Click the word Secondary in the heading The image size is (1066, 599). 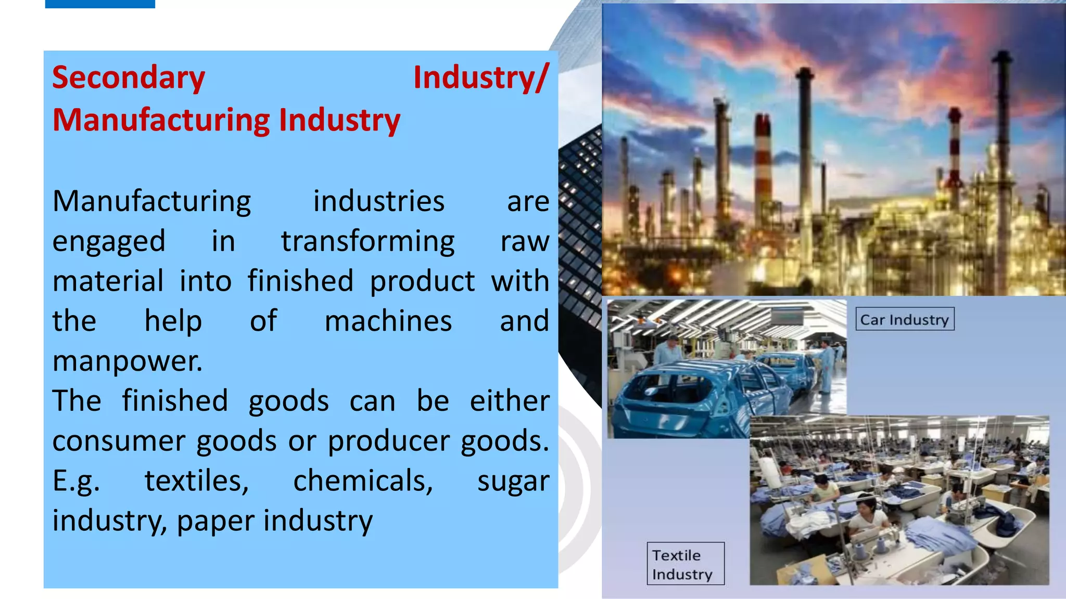point(129,78)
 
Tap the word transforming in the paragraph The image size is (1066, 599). point(367,241)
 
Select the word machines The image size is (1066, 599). point(388,321)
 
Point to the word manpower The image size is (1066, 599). point(127,361)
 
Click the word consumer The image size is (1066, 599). point(119,441)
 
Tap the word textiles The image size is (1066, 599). point(196,481)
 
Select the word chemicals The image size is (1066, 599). point(363,481)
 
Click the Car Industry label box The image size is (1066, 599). point(905,319)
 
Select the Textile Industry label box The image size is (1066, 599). point(685,564)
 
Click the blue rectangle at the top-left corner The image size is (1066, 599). point(100,4)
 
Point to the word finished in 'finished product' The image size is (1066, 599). point(300,281)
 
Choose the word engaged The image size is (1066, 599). point(109,242)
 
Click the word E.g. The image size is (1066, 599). point(76,481)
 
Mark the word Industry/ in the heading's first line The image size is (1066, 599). point(480,78)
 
